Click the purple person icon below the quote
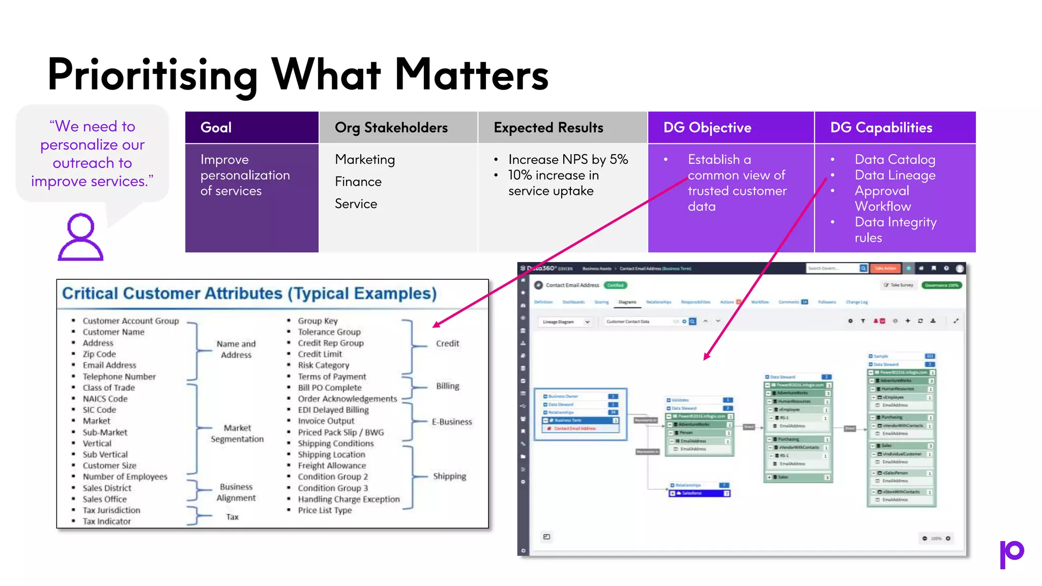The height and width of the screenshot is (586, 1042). (80, 237)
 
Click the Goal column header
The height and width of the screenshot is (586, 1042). (216, 128)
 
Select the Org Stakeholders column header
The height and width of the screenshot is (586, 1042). (391, 128)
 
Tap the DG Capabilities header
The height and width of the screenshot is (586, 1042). (881, 128)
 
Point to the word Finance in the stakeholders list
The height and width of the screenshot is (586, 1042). (358, 182)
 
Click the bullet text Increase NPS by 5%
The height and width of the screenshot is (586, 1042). (568, 160)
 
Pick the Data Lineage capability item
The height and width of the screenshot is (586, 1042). (894, 175)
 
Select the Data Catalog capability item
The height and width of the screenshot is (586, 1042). (894, 160)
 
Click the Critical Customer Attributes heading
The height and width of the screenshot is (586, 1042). (249, 294)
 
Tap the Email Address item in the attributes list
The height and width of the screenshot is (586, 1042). (109, 365)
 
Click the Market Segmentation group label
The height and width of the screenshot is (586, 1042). (237, 433)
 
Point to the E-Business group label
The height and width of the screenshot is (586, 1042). (452, 422)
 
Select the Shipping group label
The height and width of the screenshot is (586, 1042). (449, 476)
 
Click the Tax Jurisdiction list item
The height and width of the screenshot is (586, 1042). (111, 510)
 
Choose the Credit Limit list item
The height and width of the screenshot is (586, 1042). (320, 354)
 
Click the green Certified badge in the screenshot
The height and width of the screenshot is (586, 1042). (615, 285)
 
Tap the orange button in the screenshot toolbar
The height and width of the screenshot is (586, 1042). (885, 268)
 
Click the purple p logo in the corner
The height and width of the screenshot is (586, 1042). (1011, 554)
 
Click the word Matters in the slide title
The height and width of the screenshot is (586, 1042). (471, 75)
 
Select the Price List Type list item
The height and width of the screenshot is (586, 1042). (325, 510)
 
